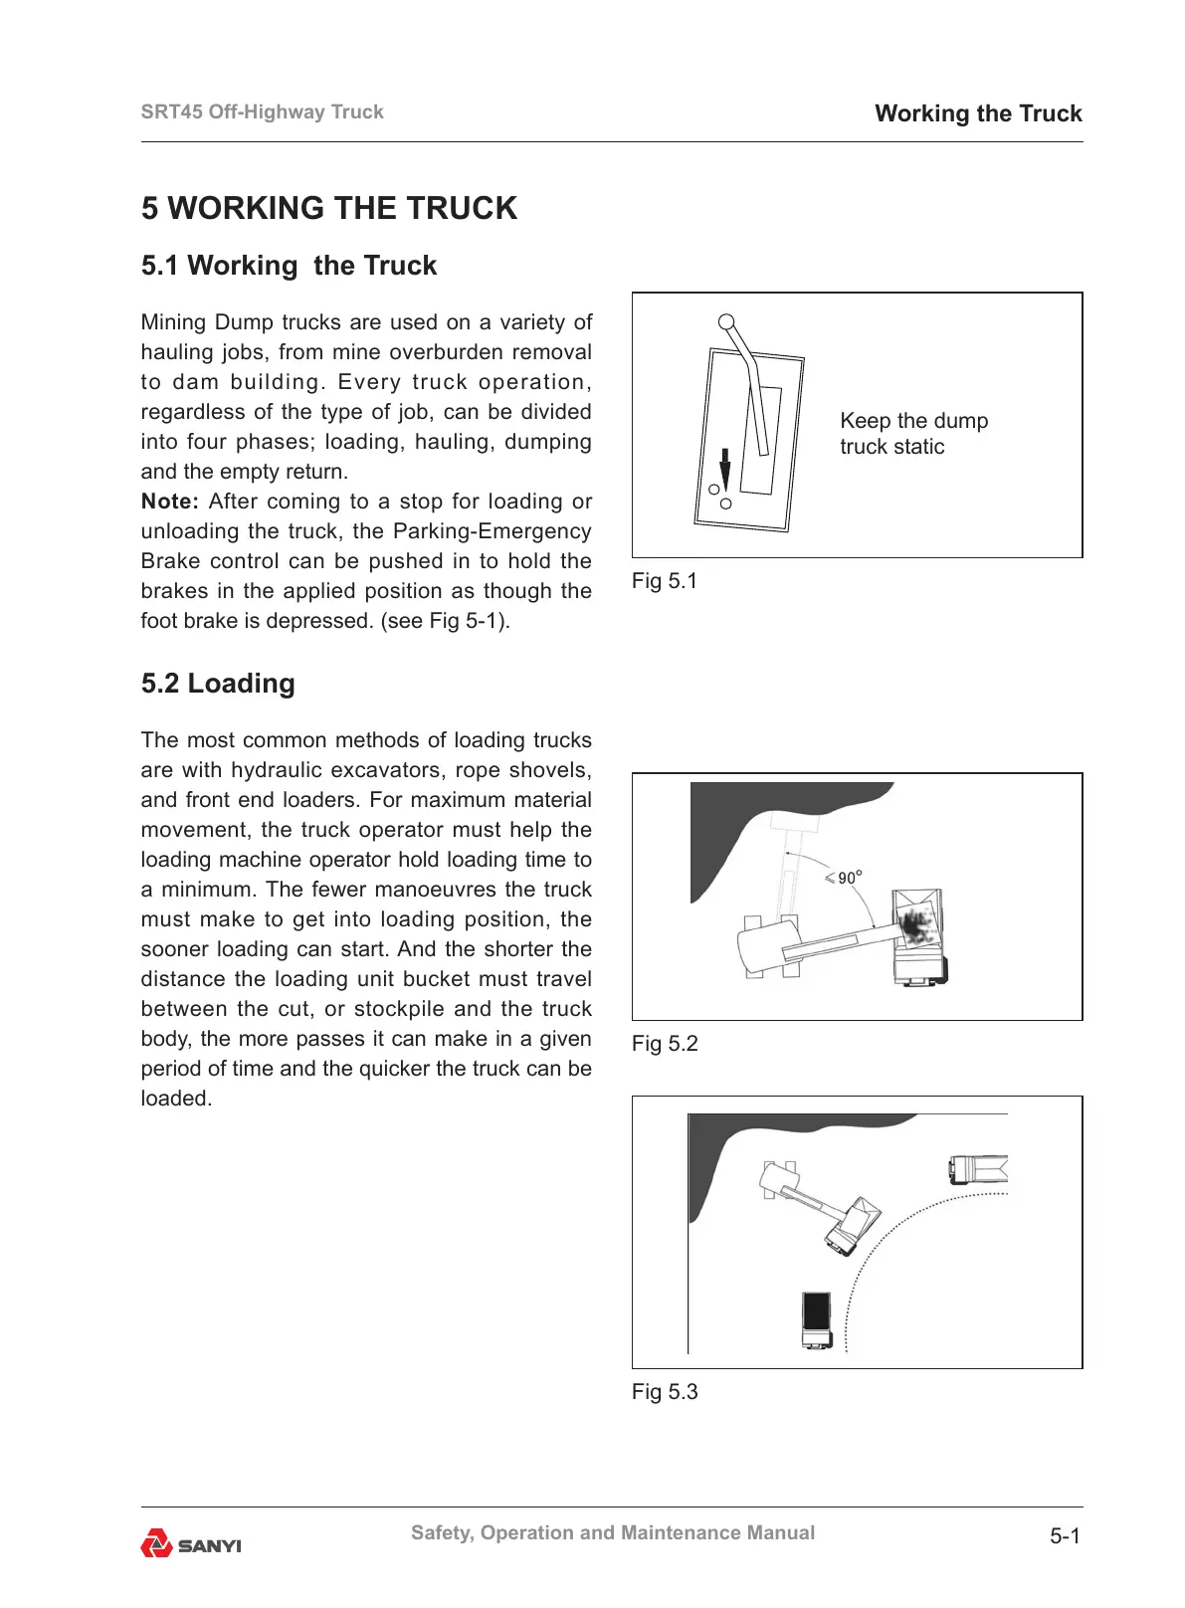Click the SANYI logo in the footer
[191, 1543]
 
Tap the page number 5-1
[1064, 1536]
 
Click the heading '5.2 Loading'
[218, 684]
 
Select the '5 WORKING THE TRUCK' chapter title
[328, 208]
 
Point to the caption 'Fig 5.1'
[664, 581]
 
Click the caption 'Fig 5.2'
[664, 1044]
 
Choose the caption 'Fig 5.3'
[664, 1392]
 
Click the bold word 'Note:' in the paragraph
[169, 502]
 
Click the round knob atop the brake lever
[726, 322]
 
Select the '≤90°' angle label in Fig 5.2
[843, 878]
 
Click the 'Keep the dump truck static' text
[912, 434]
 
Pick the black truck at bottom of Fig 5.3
[816, 1319]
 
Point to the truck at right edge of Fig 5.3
[978, 1168]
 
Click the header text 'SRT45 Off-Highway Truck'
[262, 112]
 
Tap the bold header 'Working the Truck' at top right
[977, 113]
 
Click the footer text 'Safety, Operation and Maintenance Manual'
[612, 1533]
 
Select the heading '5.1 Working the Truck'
[289, 266]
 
